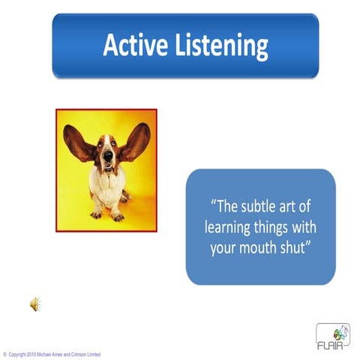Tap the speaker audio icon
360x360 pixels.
[34, 304]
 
